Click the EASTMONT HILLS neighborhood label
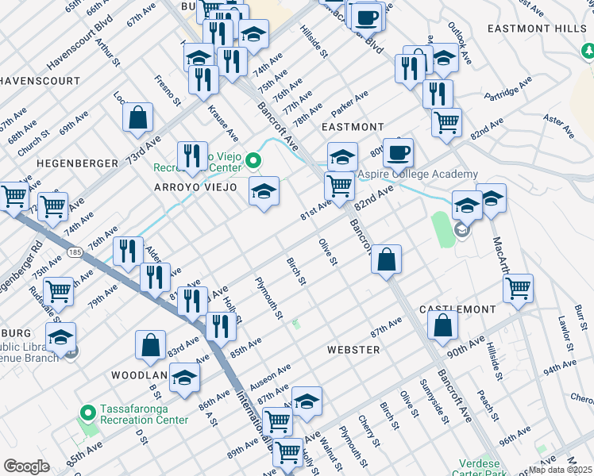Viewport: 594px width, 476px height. [x=538, y=28]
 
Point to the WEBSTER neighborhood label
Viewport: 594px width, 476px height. [x=353, y=349]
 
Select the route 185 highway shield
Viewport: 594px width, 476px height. [x=75, y=252]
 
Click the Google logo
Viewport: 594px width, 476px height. [x=26, y=466]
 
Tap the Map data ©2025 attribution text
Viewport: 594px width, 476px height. [x=561, y=470]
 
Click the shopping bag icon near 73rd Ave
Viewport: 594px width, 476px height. [x=138, y=117]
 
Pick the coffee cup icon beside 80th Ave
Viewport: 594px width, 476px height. [x=398, y=151]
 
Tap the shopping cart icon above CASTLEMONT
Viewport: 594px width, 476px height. [x=518, y=287]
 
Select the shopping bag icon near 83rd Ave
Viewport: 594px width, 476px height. [x=150, y=344]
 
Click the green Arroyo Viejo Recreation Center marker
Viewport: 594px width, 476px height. [x=253, y=162]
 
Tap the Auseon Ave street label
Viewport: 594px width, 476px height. [x=270, y=375]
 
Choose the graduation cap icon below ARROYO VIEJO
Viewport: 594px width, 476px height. [x=264, y=191]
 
